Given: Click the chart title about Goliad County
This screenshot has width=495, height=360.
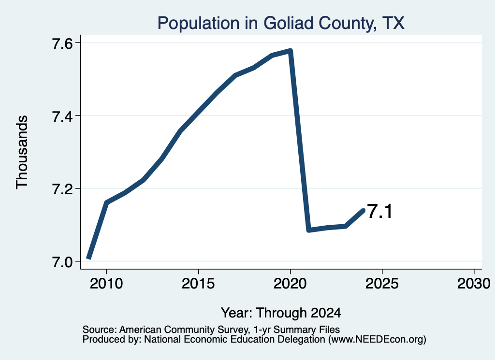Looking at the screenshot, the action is click(281, 23).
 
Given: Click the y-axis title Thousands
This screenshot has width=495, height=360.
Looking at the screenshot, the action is click(22, 152).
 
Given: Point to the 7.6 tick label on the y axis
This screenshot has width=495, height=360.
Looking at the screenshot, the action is click(62, 43).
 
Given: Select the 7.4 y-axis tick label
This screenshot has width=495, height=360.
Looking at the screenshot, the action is click(62, 116).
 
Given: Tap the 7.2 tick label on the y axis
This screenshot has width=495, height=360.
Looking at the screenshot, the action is click(62, 188).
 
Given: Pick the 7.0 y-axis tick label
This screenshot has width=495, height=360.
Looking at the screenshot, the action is click(62, 261).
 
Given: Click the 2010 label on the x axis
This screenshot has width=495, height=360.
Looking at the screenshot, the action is click(106, 283).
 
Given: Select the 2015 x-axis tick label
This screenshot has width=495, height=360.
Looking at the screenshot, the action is click(198, 283).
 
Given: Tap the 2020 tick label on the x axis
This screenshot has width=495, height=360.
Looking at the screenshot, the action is click(290, 283).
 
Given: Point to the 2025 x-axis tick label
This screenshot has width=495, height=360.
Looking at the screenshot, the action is click(382, 283).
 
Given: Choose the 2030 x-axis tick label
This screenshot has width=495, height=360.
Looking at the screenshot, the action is click(474, 283).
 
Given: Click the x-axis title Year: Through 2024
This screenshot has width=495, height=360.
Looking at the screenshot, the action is click(281, 313).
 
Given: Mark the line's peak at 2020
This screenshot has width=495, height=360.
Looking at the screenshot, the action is click(291, 51).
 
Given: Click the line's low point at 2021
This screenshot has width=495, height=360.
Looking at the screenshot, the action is click(309, 230).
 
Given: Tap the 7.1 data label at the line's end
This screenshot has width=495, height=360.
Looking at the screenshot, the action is click(380, 211).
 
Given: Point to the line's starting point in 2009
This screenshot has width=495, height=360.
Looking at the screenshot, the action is click(89, 258).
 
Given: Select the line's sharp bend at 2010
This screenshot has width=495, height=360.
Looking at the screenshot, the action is click(107, 203).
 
